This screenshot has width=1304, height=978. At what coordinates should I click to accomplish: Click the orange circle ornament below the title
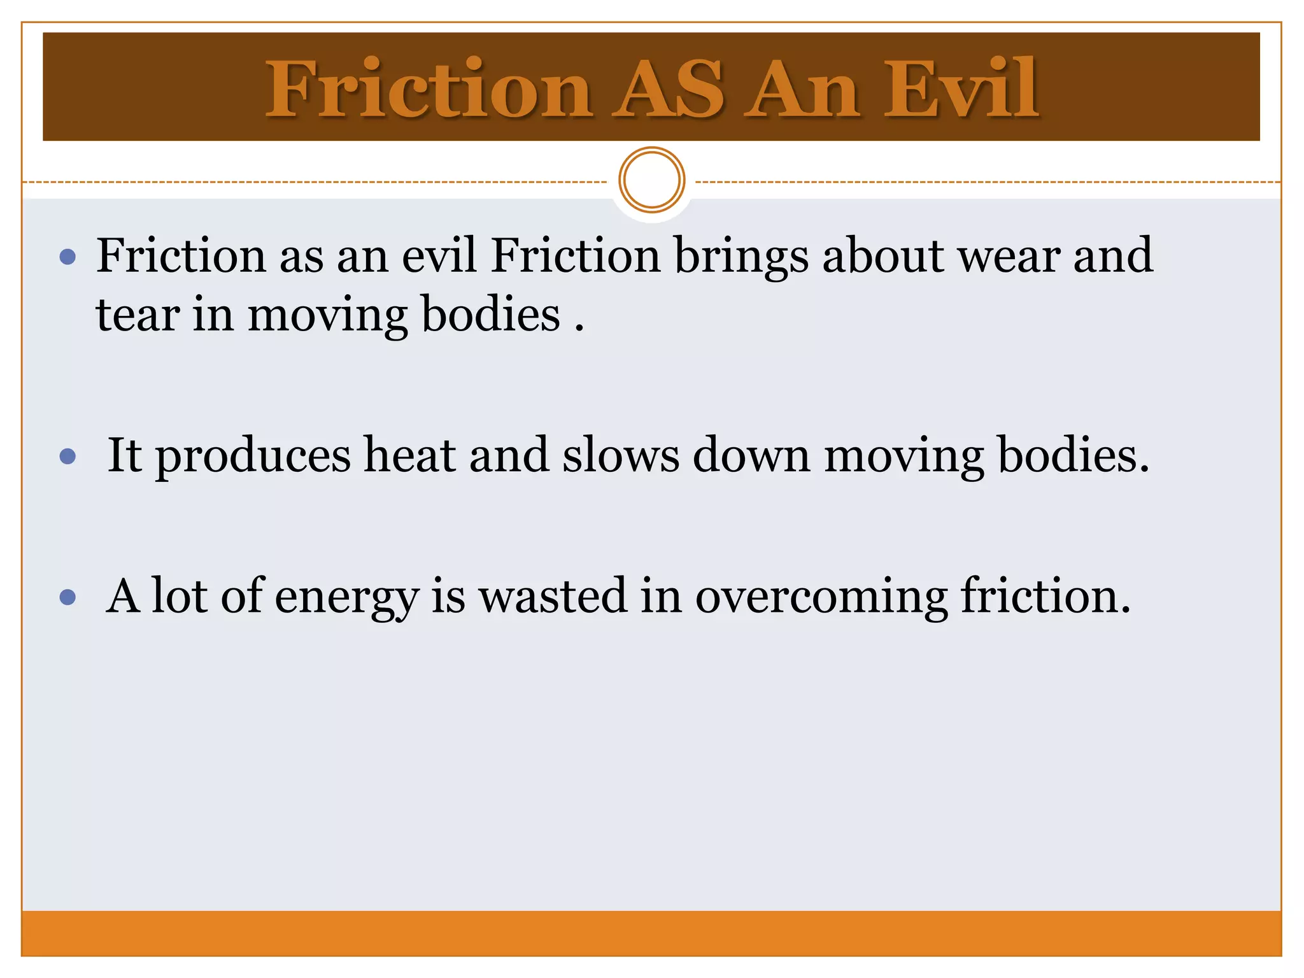(651, 180)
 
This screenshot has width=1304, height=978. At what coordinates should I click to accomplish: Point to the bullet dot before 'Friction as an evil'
(67, 257)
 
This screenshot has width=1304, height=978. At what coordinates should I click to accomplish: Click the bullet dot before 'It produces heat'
(67, 457)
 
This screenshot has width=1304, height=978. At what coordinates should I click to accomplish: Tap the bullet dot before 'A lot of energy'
(67, 597)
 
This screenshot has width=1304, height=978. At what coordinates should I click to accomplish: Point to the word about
(883, 256)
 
